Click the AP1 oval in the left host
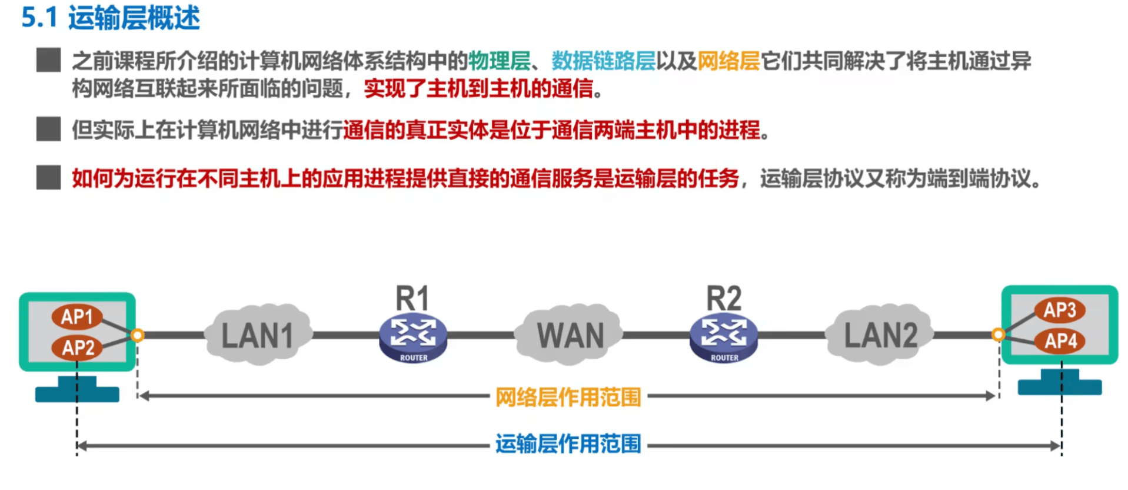tap(77, 317)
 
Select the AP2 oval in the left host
tap(77, 347)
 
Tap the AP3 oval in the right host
tap(1060, 310)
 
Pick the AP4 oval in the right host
tap(1060, 340)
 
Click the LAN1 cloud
tap(257, 335)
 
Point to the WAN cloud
tap(570, 335)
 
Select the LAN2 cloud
tap(880, 335)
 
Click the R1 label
tap(412, 298)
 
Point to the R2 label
tap(724, 298)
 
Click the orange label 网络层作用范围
tap(568, 397)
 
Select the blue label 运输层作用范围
tap(568, 444)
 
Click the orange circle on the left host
tap(137, 336)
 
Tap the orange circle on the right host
tap(998, 335)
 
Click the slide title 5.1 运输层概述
tap(111, 17)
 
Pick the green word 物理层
tap(499, 61)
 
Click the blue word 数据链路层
tap(603, 61)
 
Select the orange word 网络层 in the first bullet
tap(728, 61)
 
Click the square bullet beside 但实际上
tap(48, 129)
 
